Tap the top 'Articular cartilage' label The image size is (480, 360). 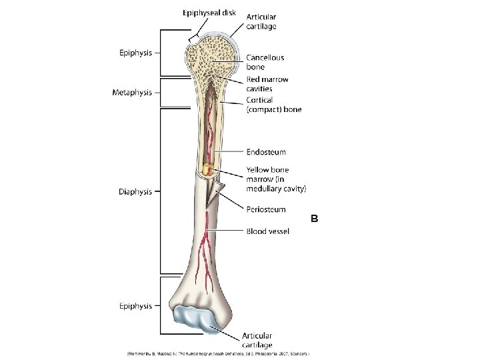[x=262, y=21]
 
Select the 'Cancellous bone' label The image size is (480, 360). [x=265, y=62]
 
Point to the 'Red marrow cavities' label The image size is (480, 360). [x=267, y=84]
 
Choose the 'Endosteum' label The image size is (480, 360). [x=266, y=152]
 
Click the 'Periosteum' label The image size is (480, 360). [x=266, y=209]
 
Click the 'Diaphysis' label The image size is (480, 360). [x=135, y=192]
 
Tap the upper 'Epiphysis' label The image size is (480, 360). [x=135, y=52]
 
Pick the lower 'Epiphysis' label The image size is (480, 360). [x=135, y=306]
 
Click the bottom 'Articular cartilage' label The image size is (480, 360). [x=257, y=340]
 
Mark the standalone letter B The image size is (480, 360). [x=315, y=218]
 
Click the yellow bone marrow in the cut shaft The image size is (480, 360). [x=209, y=171]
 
